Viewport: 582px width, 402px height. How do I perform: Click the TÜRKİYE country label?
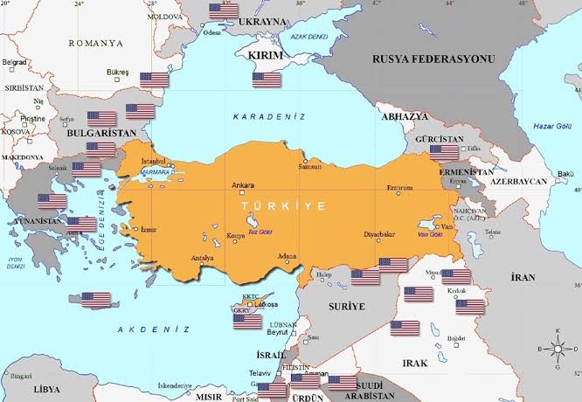point(283,205)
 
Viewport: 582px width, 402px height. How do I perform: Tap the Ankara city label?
point(242,185)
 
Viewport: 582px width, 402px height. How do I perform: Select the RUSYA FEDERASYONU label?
point(433,59)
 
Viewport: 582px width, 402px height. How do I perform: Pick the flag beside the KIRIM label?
point(267,80)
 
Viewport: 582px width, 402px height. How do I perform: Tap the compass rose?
point(557,348)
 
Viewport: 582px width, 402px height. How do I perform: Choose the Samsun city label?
point(309,167)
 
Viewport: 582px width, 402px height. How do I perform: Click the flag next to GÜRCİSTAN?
point(444,152)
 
